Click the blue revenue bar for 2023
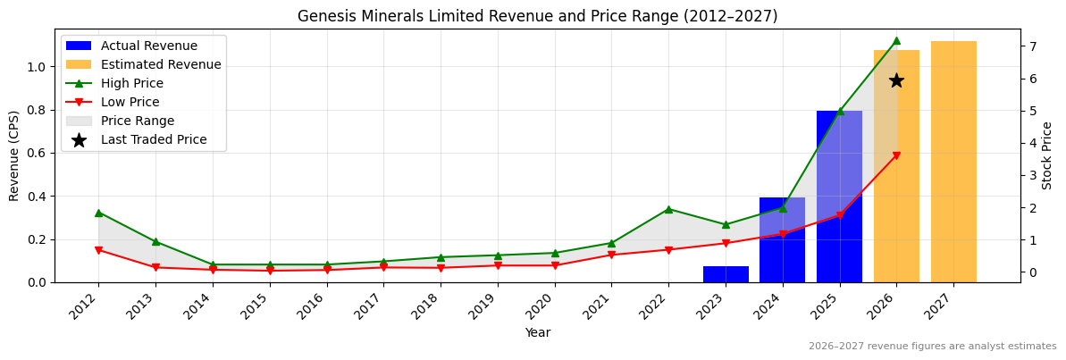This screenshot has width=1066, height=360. (x=726, y=274)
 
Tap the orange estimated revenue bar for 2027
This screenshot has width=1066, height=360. (x=953, y=162)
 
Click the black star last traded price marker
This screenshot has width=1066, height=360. (x=896, y=80)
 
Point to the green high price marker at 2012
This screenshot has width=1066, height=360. (x=98, y=213)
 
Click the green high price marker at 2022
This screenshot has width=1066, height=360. (x=668, y=209)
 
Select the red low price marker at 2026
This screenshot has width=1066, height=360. (x=896, y=155)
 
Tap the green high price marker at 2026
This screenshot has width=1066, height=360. (x=896, y=40)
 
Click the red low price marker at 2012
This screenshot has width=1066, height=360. (x=98, y=250)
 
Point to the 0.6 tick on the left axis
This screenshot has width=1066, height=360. (x=36, y=153)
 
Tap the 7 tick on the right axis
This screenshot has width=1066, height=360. (x=1031, y=46)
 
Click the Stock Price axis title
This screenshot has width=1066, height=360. (x=1047, y=155)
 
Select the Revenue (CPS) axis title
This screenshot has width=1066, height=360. (x=14, y=155)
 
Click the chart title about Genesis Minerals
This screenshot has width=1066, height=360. (x=537, y=16)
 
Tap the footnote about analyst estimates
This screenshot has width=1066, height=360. (x=932, y=347)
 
